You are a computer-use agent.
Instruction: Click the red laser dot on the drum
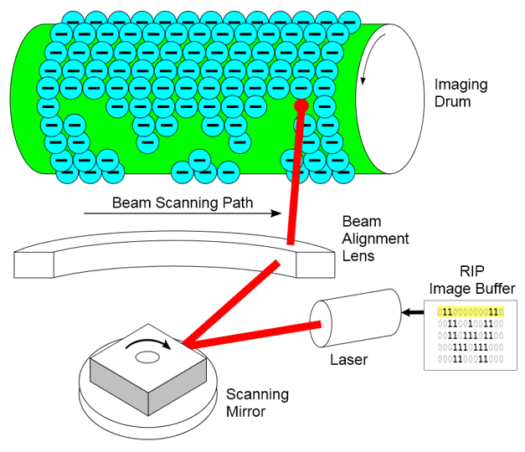pyautogui.click(x=301, y=105)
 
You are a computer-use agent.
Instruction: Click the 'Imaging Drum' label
pyautogui.click(x=461, y=93)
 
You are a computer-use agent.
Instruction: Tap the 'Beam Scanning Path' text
pyautogui.click(x=183, y=203)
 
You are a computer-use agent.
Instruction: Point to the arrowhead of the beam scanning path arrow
pyautogui.click(x=276, y=213)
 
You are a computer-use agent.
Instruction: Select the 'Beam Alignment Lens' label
pyautogui.click(x=375, y=239)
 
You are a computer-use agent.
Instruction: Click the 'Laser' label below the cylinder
pyautogui.click(x=348, y=360)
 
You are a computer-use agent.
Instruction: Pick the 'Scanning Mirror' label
pyautogui.click(x=257, y=403)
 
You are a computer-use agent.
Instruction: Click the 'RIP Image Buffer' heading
pyautogui.click(x=472, y=280)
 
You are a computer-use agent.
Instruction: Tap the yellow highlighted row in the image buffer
pyautogui.click(x=471, y=312)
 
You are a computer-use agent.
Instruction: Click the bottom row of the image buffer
pyautogui.click(x=471, y=359)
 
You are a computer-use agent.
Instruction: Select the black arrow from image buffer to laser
pyautogui.click(x=413, y=313)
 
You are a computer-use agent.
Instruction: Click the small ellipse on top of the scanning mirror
pyautogui.click(x=147, y=357)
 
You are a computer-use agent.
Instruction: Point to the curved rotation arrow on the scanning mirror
pyautogui.click(x=148, y=342)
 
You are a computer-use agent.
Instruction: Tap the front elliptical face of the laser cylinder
pyautogui.click(x=321, y=324)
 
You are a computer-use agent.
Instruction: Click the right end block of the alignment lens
pyautogui.click(x=316, y=265)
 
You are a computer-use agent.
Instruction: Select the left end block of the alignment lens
pyautogui.click(x=33, y=265)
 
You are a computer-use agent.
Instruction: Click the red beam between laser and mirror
pyautogui.click(x=252, y=334)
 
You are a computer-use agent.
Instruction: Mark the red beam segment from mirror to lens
pyautogui.click(x=231, y=302)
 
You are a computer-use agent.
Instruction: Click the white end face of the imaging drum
pyautogui.click(x=390, y=99)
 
